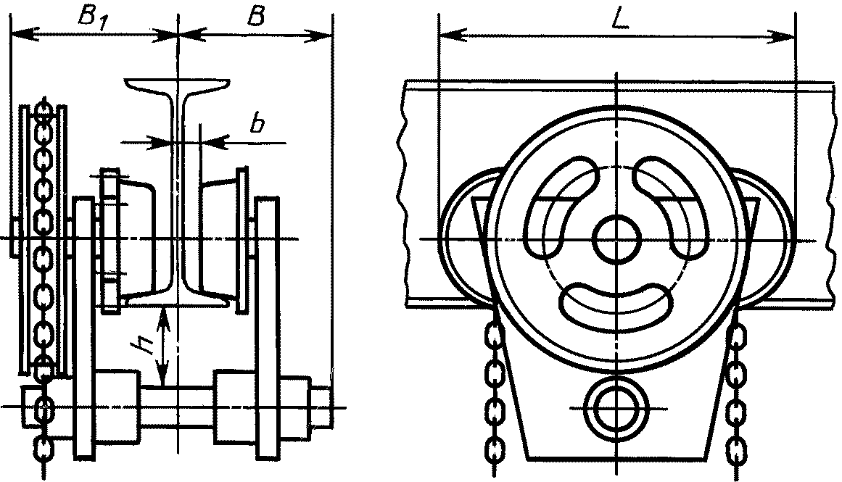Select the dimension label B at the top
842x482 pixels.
pyautogui.click(x=255, y=16)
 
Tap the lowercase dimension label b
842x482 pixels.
pyautogui.click(x=257, y=125)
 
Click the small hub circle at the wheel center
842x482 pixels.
pyautogui.click(x=617, y=238)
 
